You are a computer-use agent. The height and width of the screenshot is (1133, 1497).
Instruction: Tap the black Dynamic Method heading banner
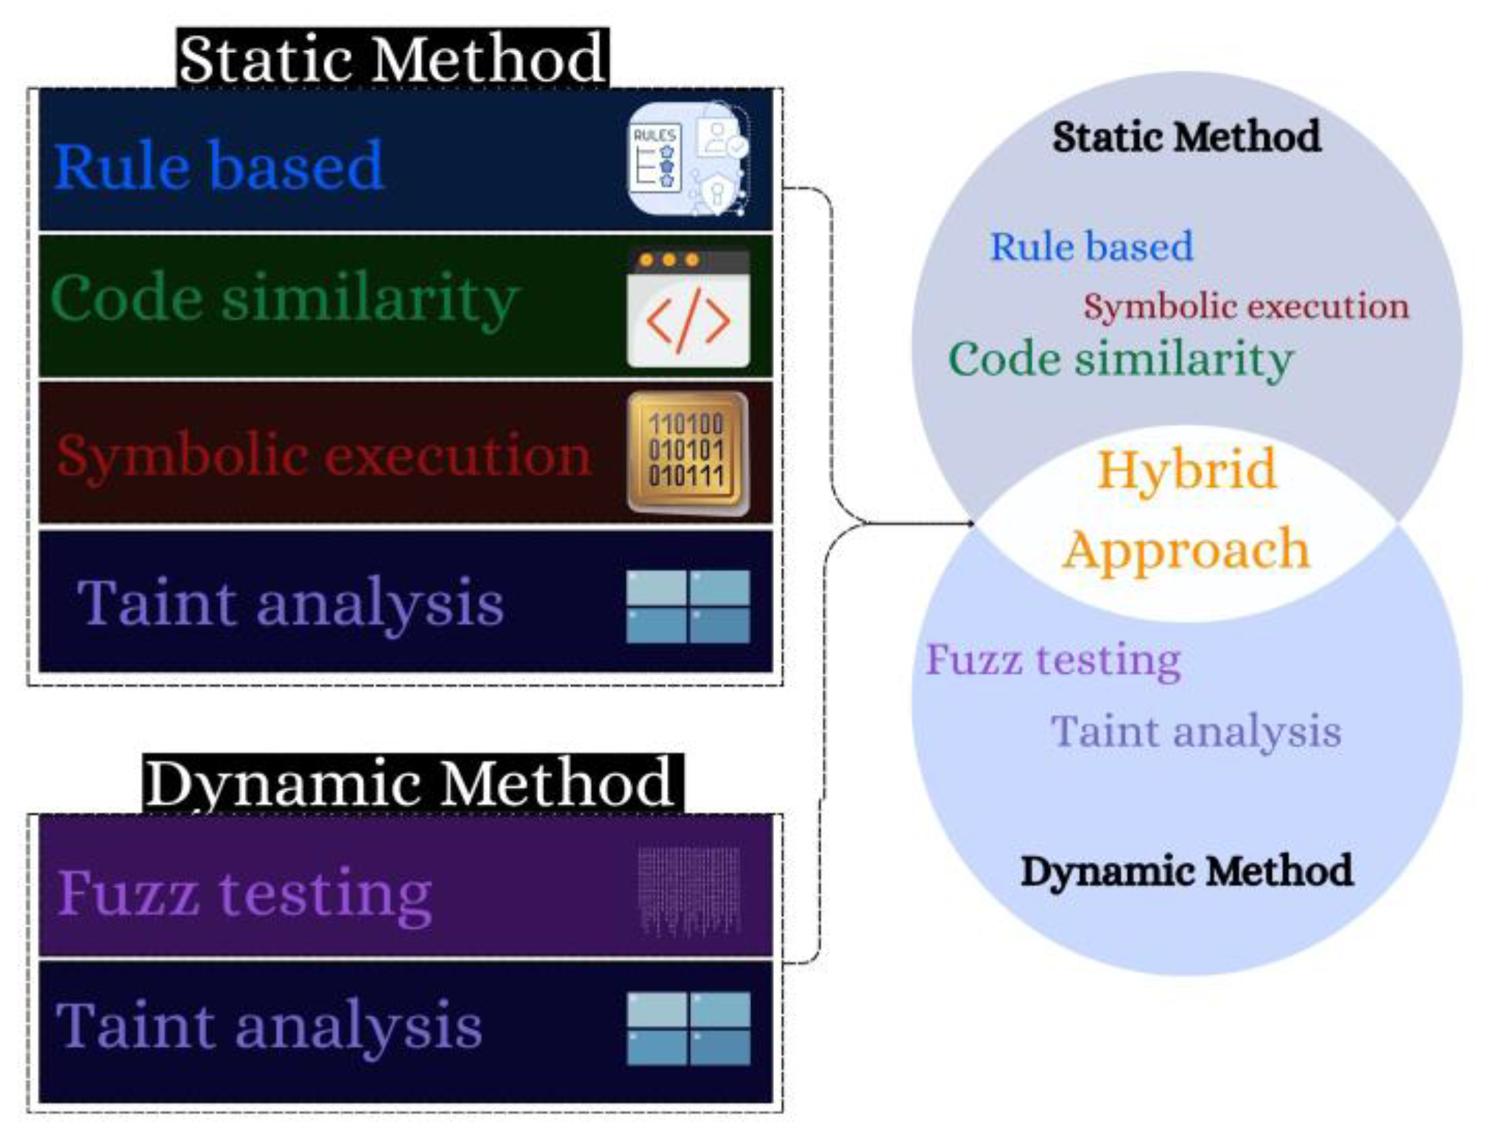click(413, 783)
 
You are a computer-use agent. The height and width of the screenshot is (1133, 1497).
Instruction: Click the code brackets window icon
click(688, 309)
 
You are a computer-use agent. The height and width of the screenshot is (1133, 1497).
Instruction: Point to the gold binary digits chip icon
click(688, 453)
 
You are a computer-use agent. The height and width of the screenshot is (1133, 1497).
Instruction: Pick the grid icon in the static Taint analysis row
click(688, 606)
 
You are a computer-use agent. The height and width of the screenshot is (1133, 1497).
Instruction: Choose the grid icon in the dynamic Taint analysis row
click(688, 1028)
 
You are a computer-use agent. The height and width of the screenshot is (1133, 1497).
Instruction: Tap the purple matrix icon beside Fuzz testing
click(688, 891)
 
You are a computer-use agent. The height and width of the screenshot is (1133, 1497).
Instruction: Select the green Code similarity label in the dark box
click(284, 298)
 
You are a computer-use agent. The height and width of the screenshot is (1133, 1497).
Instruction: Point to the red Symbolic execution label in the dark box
click(323, 454)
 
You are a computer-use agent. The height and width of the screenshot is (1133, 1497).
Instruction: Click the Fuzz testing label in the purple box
click(244, 894)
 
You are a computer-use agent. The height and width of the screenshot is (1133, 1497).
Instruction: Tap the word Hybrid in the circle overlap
click(1187, 469)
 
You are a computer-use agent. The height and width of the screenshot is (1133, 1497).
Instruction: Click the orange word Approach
click(1185, 550)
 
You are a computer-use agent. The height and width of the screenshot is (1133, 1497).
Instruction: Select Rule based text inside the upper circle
click(1091, 246)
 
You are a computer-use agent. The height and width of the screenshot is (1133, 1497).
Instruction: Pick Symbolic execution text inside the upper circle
click(1246, 306)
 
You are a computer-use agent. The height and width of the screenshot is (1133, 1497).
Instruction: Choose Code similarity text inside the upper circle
click(1121, 359)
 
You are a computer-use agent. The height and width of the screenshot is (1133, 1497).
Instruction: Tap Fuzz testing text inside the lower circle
click(1053, 660)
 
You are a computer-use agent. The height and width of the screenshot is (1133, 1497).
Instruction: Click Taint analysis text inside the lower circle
click(1196, 731)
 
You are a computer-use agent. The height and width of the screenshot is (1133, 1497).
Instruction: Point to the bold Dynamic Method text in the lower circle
click(1187, 871)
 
